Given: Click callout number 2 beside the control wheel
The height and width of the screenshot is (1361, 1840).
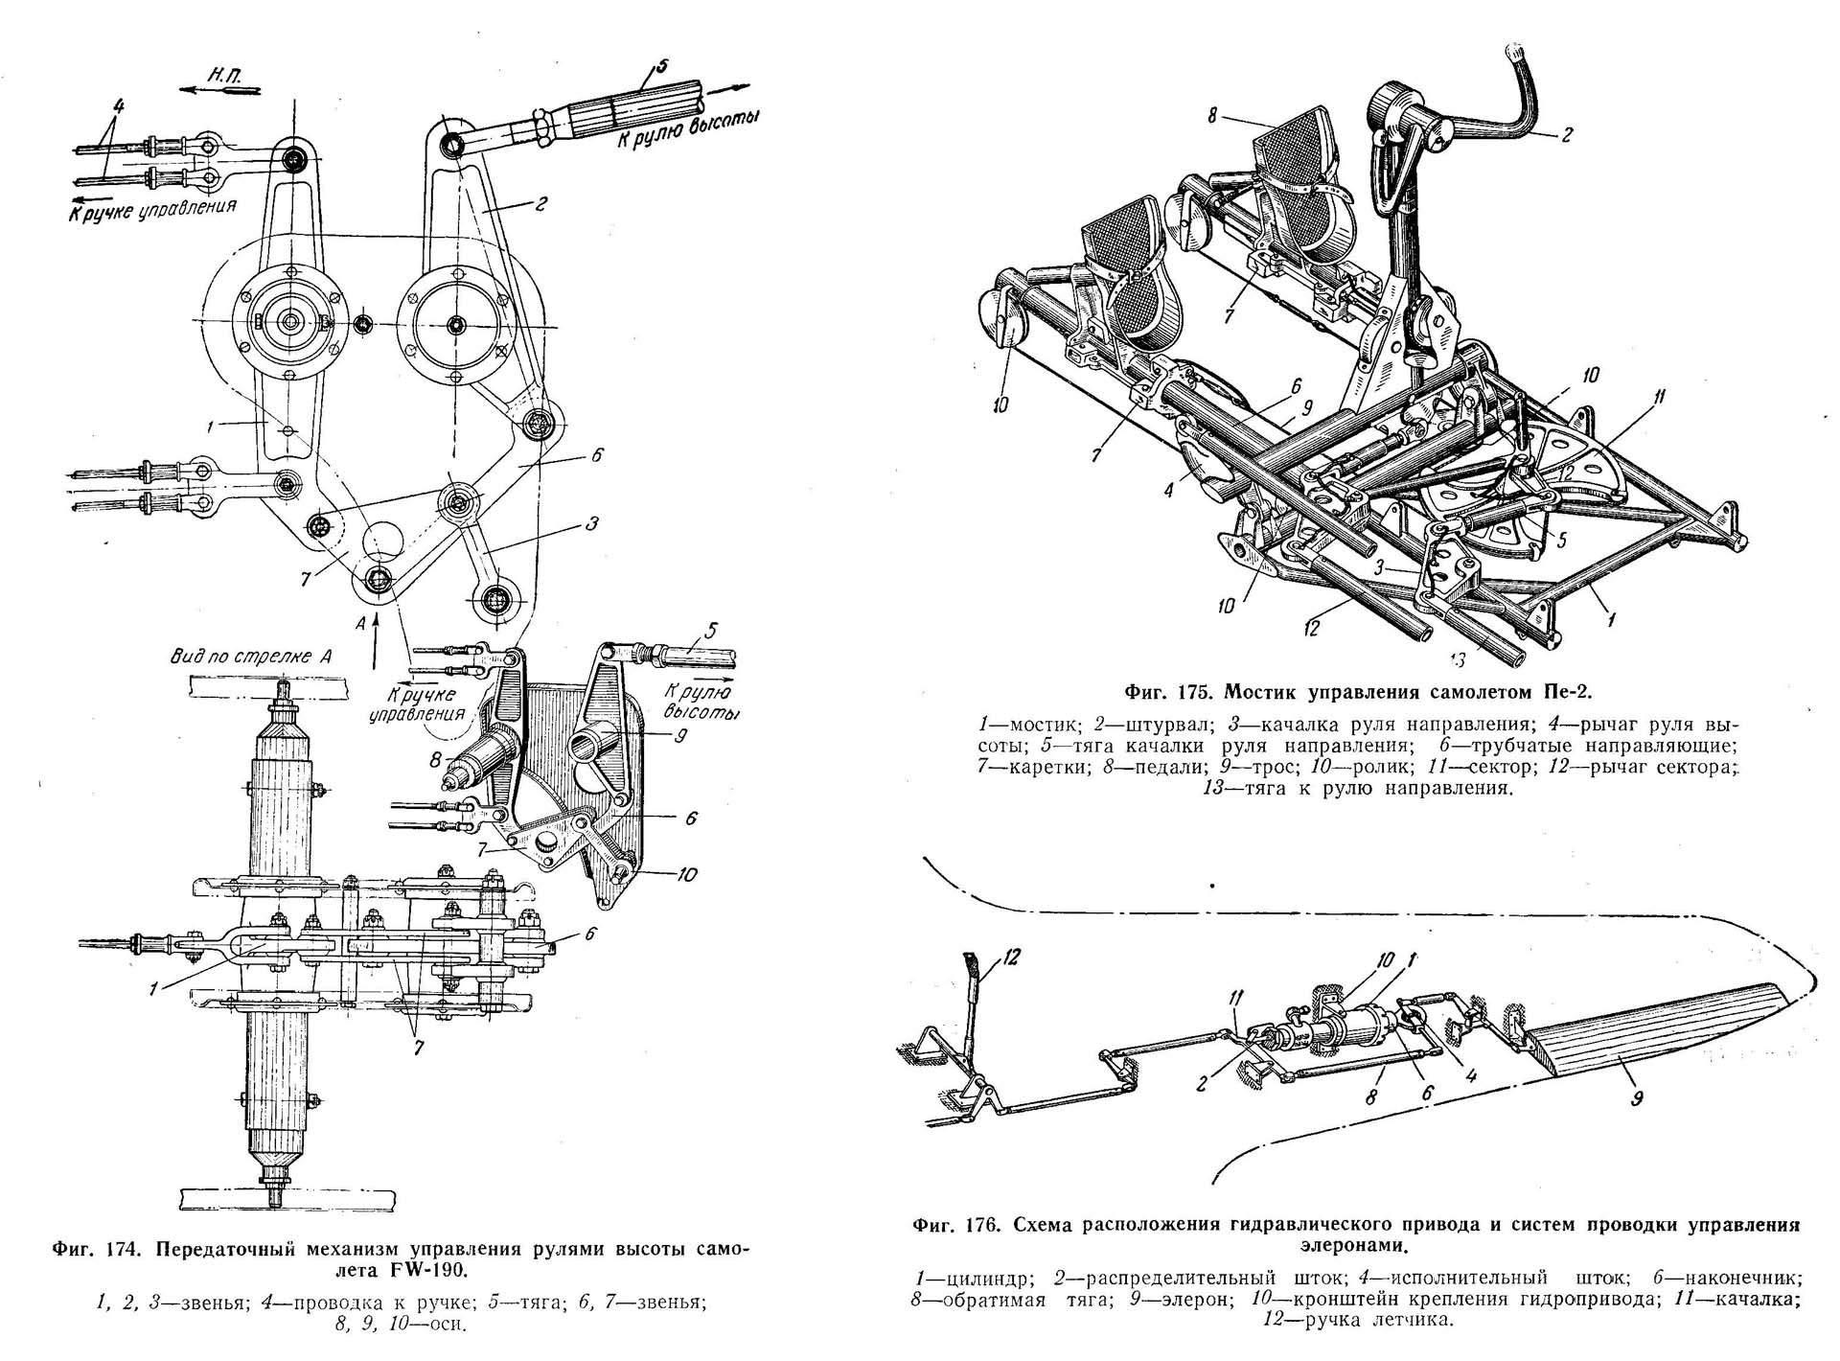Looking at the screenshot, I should [1566, 137].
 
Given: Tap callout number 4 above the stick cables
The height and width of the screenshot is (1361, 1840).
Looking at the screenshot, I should [117, 103].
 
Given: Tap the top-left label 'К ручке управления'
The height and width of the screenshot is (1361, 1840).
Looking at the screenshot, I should [151, 207].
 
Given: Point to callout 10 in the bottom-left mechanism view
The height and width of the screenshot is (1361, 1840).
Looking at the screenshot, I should [685, 875].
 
